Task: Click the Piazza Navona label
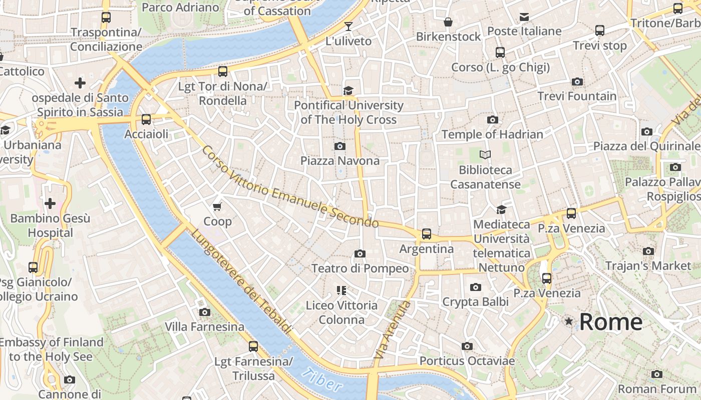click(x=340, y=160)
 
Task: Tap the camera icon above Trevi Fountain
click(x=577, y=81)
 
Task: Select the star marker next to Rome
click(x=568, y=321)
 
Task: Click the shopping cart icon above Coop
click(x=217, y=206)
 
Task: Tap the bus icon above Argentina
click(x=426, y=233)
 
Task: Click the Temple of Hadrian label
click(x=492, y=134)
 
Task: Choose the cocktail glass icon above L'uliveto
click(x=348, y=26)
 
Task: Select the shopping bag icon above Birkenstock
click(x=448, y=22)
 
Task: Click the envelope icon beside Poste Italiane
click(x=524, y=17)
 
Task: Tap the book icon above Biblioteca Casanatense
click(x=485, y=154)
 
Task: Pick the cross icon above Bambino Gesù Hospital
click(x=50, y=203)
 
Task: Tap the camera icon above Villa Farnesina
click(x=204, y=312)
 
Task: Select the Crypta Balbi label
click(x=475, y=301)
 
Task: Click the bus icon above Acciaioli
click(x=146, y=119)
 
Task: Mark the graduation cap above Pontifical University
click(x=348, y=90)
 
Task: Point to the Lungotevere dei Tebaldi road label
click(x=240, y=281)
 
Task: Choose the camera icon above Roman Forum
click(x=656, y=374)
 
